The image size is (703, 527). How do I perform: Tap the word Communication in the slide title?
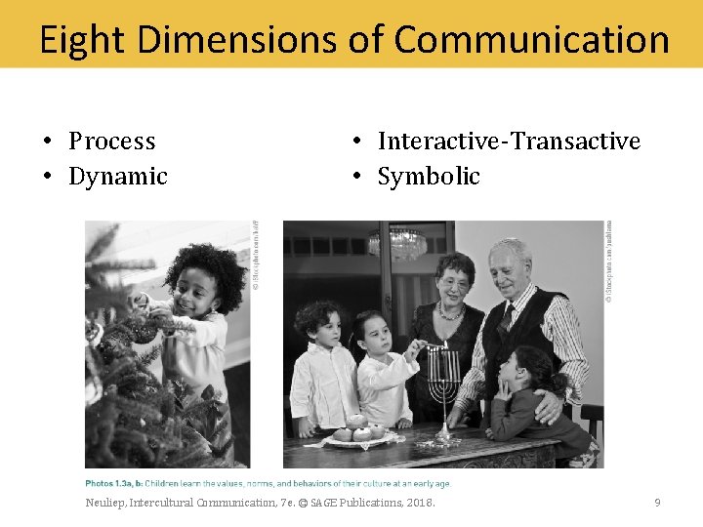point(531,40)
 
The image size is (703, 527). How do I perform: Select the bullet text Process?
point(111,142)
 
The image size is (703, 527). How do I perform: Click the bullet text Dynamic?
point(117,177)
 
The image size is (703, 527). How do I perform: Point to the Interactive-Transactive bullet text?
point(509,142)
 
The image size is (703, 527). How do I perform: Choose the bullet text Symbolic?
point(429,177)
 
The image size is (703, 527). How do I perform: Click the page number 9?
point(657,503)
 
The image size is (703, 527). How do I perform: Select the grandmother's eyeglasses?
point(455,283)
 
